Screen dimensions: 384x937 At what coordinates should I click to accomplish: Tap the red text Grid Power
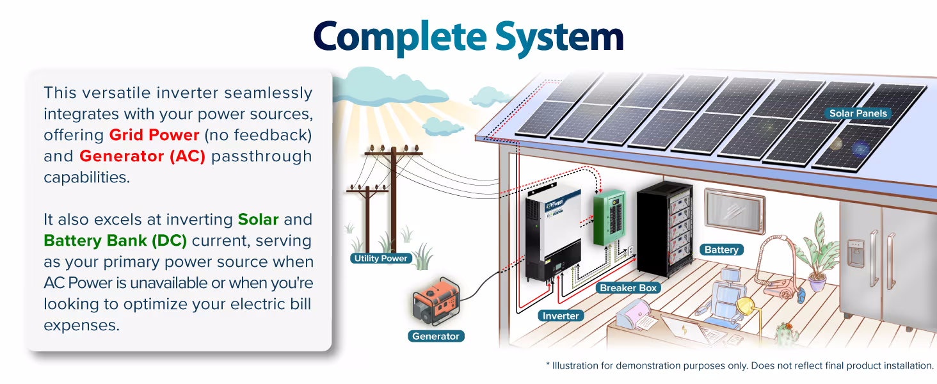[x=154, y=135]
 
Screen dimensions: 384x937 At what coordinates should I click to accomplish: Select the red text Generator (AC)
[x=142, y=156]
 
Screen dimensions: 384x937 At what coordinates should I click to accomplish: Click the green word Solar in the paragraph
[x=258, y=220]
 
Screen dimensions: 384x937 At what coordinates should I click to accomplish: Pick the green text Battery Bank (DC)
[x=115, y=241]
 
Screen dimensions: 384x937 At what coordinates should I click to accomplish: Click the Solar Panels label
[x=858, y=113]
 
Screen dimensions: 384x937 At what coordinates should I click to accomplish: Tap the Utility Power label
[x=380, y=259]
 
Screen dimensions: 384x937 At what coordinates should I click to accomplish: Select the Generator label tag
[x=435, y=336]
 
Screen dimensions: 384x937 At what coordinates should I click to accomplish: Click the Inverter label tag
[x=561, y=316]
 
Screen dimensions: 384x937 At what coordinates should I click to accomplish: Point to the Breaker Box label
[x=628, y=288]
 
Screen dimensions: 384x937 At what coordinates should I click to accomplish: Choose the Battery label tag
[x=721, y=250]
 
